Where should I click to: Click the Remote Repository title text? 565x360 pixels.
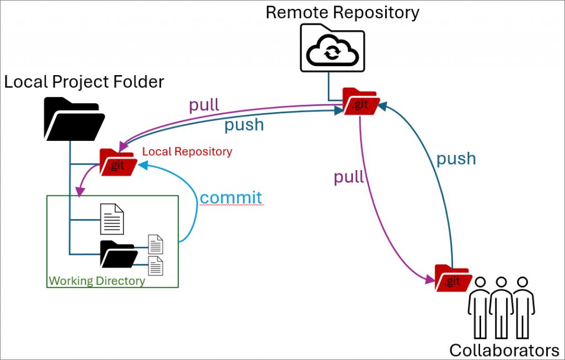click(x=342, y=12)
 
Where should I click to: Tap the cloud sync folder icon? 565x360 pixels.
click(x=332, y=50)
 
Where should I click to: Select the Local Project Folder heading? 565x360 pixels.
click(x=84, y=82)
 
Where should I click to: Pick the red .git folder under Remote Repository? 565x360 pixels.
click(x=359, y=102)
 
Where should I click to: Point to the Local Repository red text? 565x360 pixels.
click(x=187, y=151)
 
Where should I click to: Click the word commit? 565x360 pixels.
click(x=231, y=197)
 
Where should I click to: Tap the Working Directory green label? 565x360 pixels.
click(x=97, y=281)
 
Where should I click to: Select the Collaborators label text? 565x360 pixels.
click(x=504, y=350)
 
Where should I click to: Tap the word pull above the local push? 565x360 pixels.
click(x=204, y=105)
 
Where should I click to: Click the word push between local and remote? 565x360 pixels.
click(x=243, y=125)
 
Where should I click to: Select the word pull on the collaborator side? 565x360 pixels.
click(x=349, y=177)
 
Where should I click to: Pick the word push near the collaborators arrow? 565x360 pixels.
click(x=456, y=158)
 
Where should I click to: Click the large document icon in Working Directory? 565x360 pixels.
click(x=111, y=219)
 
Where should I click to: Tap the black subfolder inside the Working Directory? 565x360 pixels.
click(x=118, y=254)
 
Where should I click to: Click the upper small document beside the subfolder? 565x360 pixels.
click(x=156, y=244)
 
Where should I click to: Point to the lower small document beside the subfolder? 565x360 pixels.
click(x=156, y=266)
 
